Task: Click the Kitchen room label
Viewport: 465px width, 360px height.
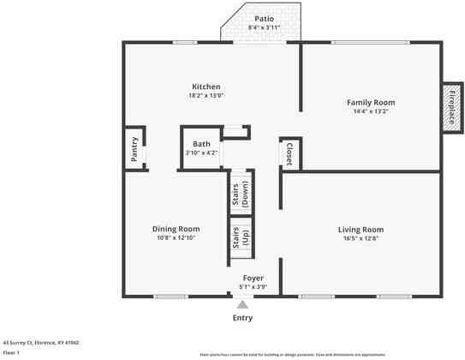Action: click(x=206, y=87)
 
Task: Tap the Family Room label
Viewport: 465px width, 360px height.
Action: click(x=370, y=102)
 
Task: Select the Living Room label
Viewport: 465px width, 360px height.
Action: click(x=361, y=230)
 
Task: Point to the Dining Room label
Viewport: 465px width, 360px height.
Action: click(x=176, y=229)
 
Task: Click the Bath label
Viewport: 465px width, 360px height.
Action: click(x=201, y=144)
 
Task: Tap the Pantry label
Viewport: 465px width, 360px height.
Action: click(x=134, y=149)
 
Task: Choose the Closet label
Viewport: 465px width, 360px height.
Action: click(x=289, y=153)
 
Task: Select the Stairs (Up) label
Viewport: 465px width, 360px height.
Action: click(x=240, y=237)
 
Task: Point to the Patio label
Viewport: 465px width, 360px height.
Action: click(x=265, y=19)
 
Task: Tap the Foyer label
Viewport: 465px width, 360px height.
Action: click(x=253, y=279)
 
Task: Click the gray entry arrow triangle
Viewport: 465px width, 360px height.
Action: click(x=243, y=304)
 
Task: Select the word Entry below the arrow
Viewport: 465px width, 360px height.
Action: click(x=243, y=318)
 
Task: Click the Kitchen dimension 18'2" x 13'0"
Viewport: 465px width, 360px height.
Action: click(x=206, y=96)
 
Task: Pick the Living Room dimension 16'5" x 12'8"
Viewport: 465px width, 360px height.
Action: click(x=361, y=239)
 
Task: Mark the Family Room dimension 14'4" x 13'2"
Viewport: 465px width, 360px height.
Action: click(x=370, y=111)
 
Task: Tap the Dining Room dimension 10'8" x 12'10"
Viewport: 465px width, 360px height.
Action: click(x=176, y=238)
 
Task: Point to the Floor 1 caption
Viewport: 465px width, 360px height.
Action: click(x=11, y=352)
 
